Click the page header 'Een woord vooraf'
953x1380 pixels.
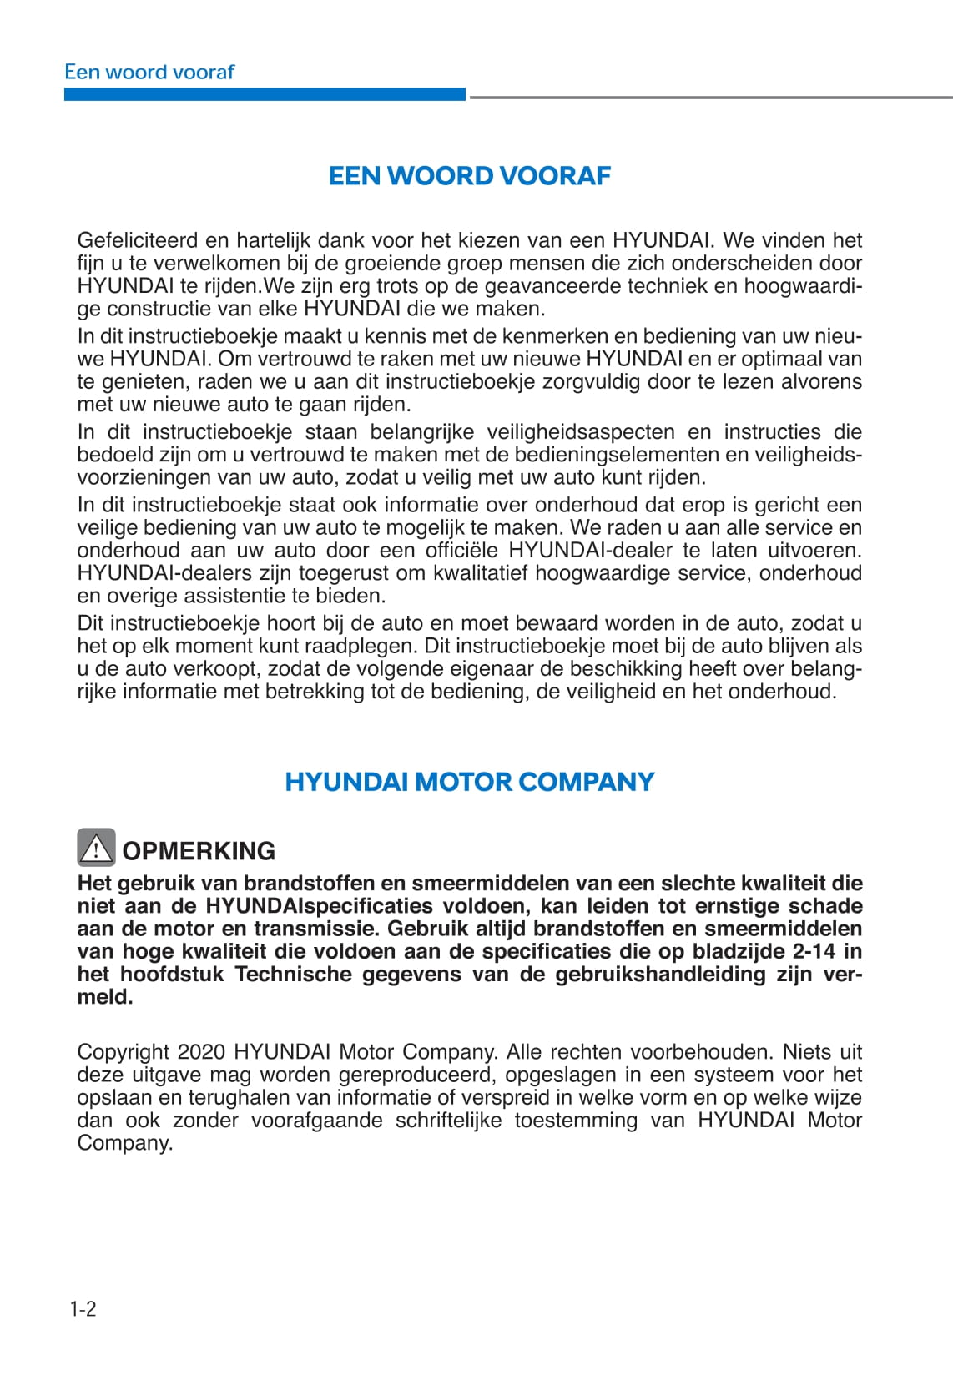(x=149, y=72)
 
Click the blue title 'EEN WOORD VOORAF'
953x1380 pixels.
(x=470, y=176)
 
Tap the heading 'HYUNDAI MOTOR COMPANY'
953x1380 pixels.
(x=470, y=782)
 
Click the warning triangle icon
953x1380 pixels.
(x=96, y=849)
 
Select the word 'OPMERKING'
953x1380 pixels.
(x=199, y=851)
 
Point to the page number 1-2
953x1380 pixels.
(x=83, y=1308)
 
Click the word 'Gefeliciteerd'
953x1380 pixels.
(x=137, y=240)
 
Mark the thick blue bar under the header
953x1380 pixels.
(x=265, y=95)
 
